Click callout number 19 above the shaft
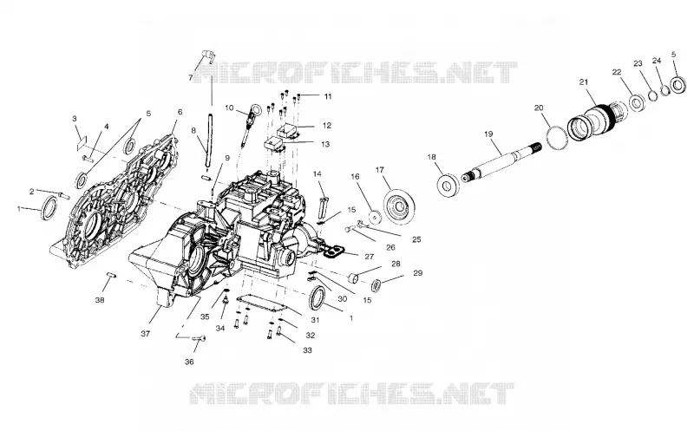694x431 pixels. coord(488,134)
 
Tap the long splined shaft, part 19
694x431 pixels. coord(501,162)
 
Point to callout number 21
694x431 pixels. coord(584,82)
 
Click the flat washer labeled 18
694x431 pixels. coord(448,185)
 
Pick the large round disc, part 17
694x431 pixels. coord(400,206)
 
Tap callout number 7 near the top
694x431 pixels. coord(191,78)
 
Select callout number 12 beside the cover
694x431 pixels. coord(327,126)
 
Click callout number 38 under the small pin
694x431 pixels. coord(100,300)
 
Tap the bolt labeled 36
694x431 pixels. coord(200,338)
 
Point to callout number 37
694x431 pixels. coord(145,334)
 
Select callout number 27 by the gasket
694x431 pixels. coord(370,257)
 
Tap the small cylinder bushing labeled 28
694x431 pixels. coord(354,278)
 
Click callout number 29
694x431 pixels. coord(418,273)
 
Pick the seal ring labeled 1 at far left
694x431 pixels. coord(49,208)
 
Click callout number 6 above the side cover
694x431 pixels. coord(180,113)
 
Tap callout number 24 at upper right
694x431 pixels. coord(657,61)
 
